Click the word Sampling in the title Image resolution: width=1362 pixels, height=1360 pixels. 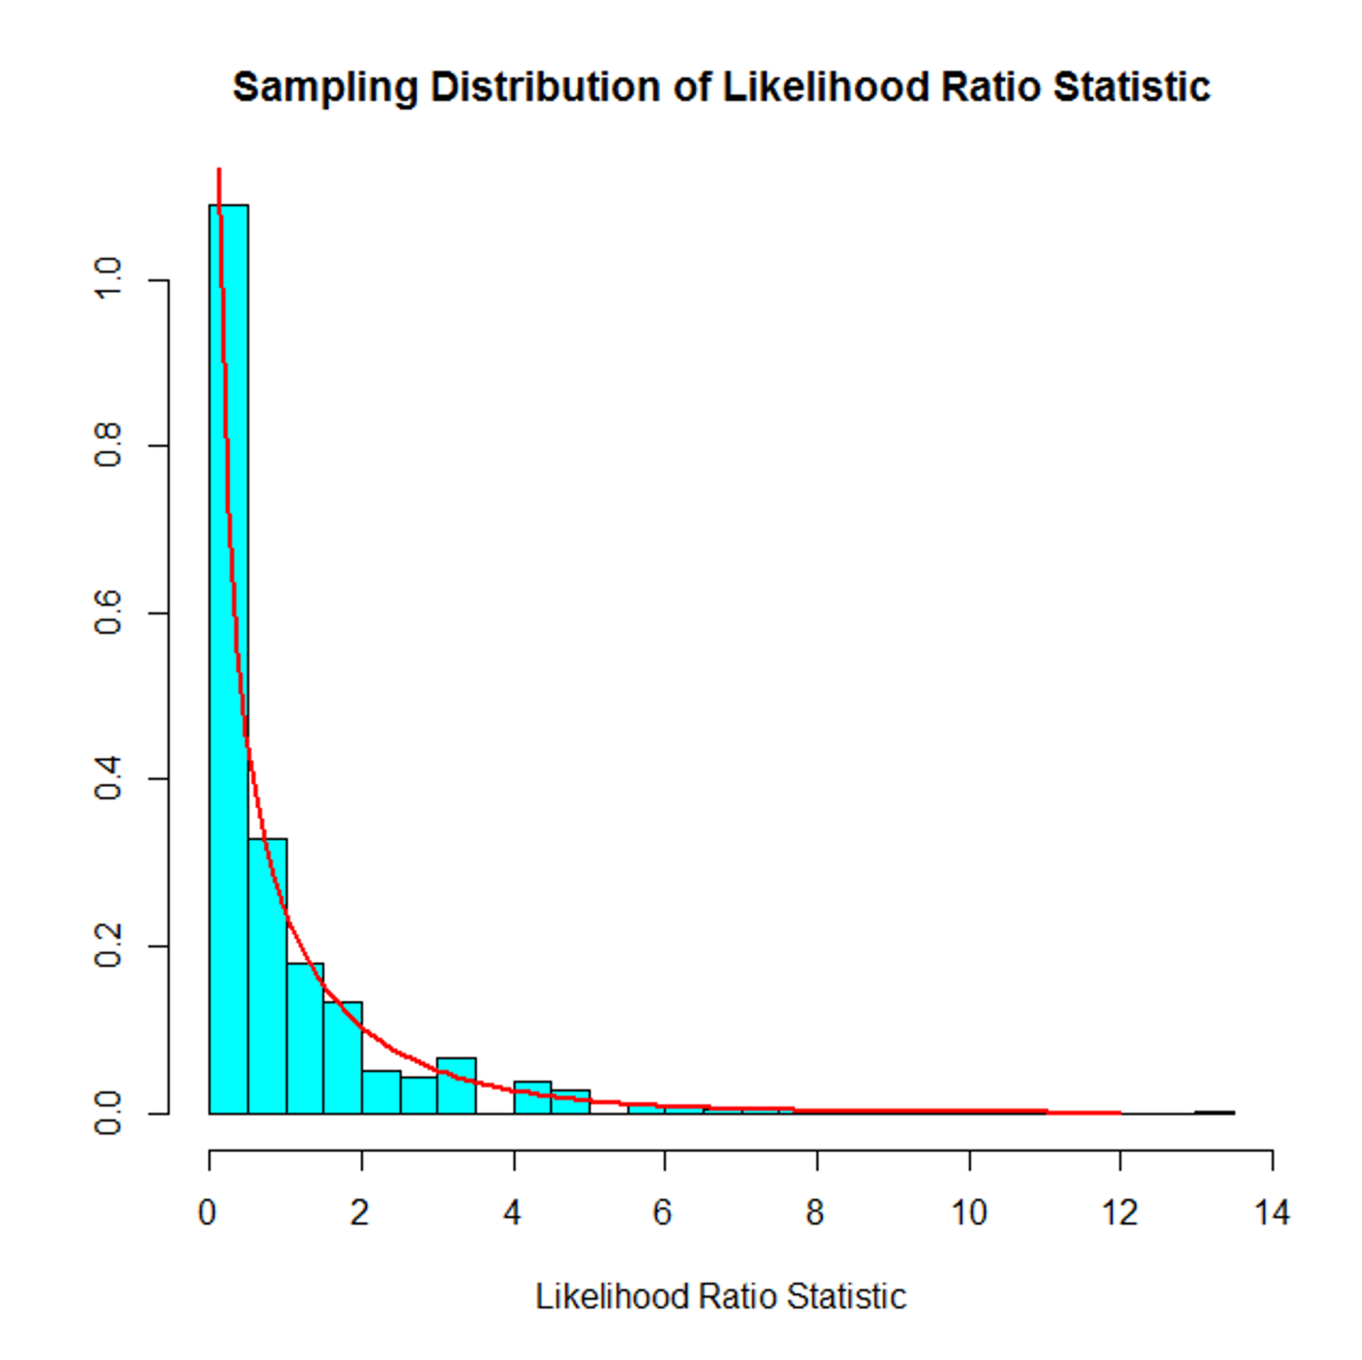[x=325, y=88]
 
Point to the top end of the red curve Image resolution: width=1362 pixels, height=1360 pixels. [x=219, y=170]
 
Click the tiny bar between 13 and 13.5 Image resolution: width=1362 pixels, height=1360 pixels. [x=1214, y=1112]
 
